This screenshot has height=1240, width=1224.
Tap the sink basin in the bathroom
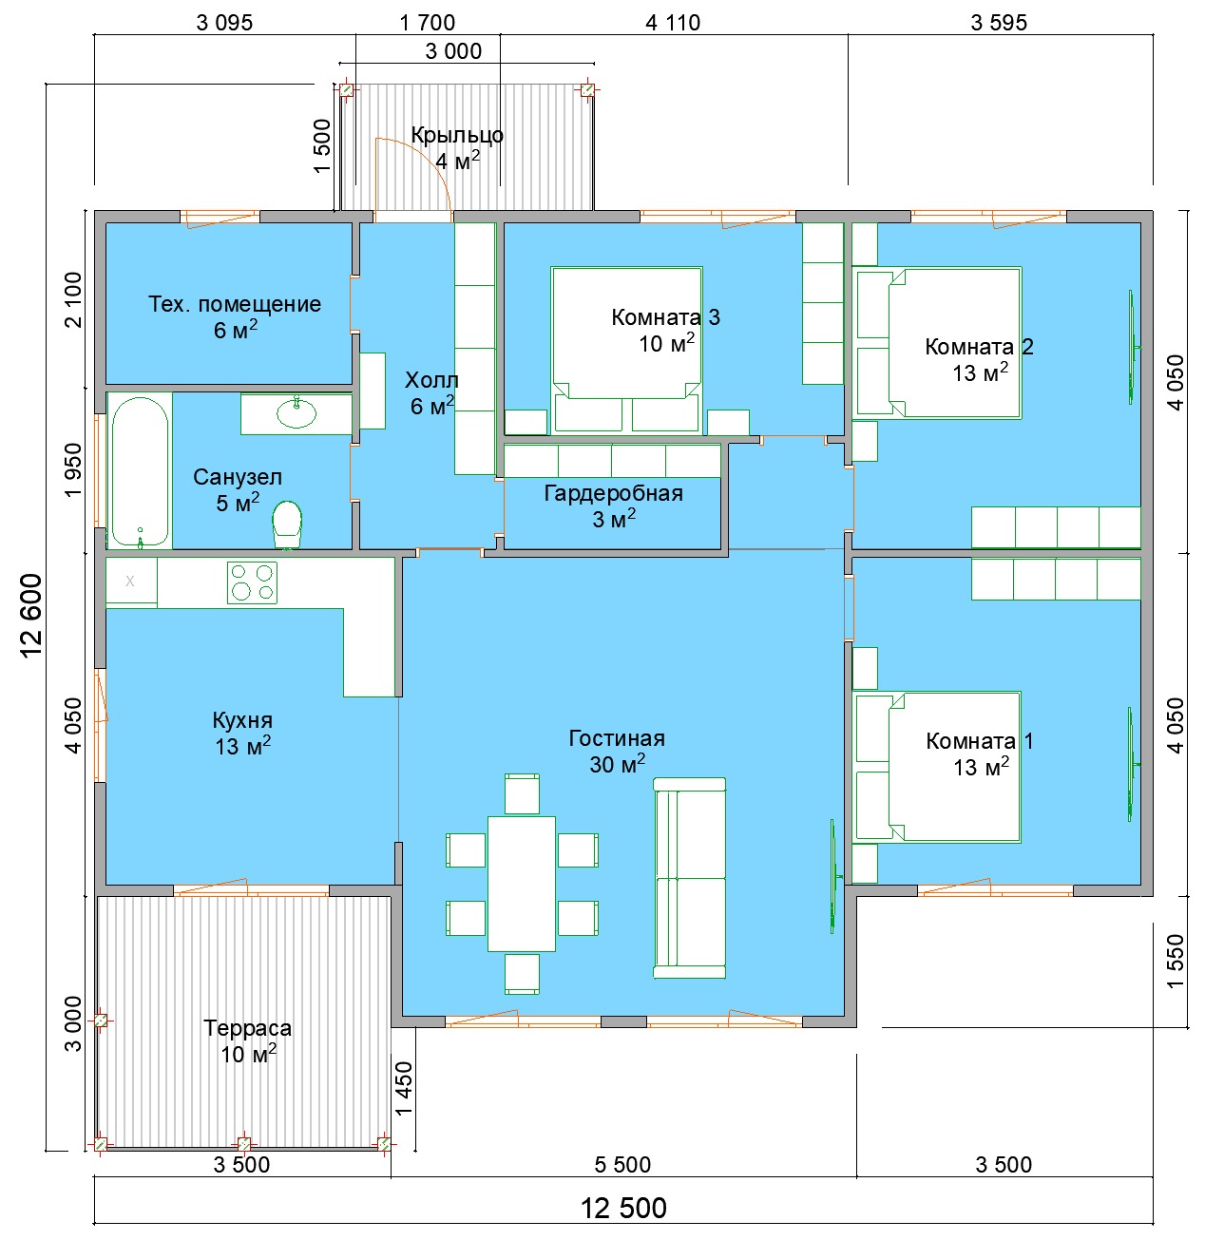(x=296, y=413)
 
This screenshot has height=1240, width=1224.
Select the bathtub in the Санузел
(x=140, y=471)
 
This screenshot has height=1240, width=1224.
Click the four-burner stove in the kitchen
(x=252, y=582)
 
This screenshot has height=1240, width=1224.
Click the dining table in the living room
(x=522, y=884)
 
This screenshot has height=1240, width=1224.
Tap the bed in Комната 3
(x=626, y=350)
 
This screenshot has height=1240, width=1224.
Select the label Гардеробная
(x=613, y=493)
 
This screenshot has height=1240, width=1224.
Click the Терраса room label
(x=247, y=1028)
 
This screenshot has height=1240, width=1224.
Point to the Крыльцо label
(x=457, y=136)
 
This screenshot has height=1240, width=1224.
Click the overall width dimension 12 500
(x=623, y=1209)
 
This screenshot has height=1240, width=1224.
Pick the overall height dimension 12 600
(x=31, y=615)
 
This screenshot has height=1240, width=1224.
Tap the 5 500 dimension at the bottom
(x=622, y=1165)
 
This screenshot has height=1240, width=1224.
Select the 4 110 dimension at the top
(x=673, y=23)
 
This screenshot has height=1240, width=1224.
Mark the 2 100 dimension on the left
(x=74, y=299)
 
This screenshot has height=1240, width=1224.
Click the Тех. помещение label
(x=235, y=304)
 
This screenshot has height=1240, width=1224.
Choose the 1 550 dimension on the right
(x=1176, y=961)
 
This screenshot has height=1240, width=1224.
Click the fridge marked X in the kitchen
(x=131, y=582)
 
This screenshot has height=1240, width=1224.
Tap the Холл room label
(x=431, y=380)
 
